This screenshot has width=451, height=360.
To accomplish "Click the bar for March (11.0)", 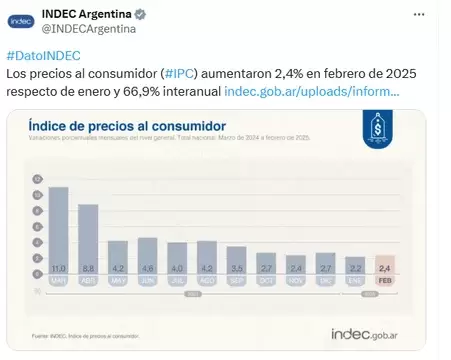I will (x=58, y=230).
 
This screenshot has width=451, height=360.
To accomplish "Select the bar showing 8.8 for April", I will (x=88, y=240).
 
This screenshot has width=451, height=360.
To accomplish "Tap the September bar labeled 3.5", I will (x=236, y=260).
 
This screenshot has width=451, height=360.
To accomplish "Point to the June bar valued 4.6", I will (x=147, y=256).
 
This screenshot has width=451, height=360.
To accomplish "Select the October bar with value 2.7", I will (x=266, y=264).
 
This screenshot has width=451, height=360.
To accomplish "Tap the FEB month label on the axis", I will (x=385, y=281).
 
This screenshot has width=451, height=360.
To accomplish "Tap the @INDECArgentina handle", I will (x=87, y=29).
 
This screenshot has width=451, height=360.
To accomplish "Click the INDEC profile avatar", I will (x=21, y=20).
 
